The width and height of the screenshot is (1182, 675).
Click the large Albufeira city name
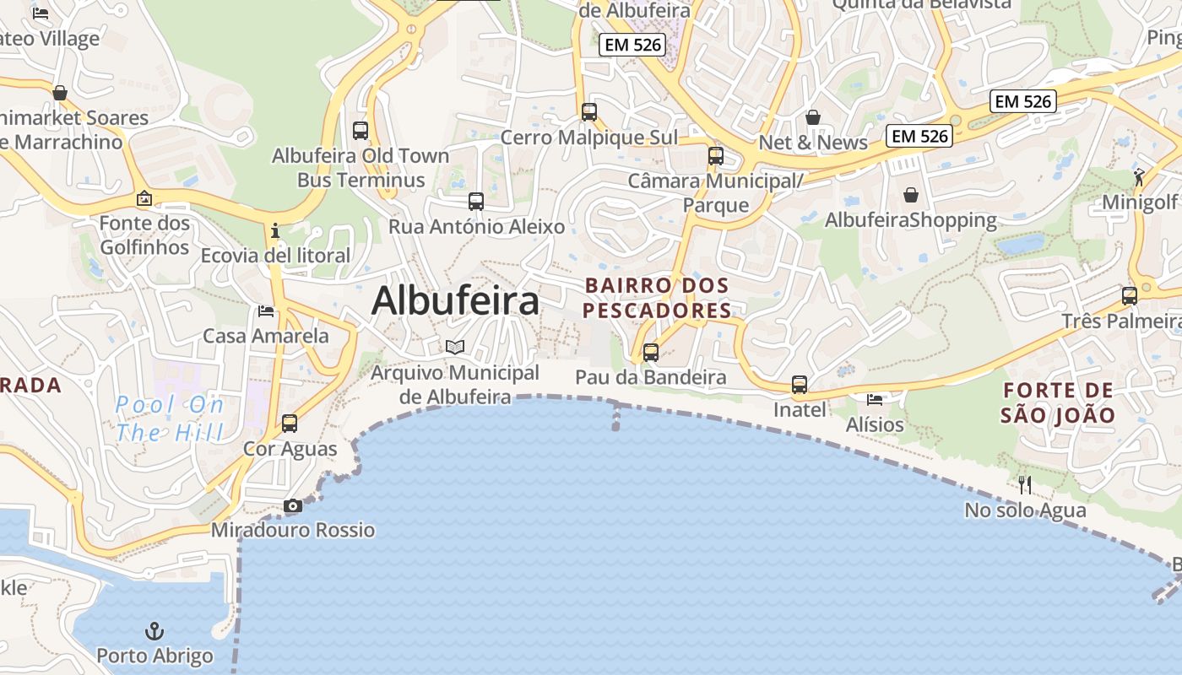coord(455,300)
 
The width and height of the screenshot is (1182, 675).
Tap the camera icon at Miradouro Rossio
coord(293,506)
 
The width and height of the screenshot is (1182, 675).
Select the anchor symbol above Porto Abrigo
coord(155,631)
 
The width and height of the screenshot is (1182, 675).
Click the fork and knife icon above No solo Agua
coord(1025,484)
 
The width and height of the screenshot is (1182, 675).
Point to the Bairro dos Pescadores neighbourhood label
coord(657,298)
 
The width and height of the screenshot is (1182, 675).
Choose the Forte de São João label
coord(1058,402)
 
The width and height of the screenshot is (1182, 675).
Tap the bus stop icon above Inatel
coord(800,386)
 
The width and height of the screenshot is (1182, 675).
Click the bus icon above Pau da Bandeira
coord(651,353)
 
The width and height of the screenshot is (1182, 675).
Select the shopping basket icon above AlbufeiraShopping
coord(911,196)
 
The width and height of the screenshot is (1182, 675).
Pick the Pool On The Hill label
coord(170,419)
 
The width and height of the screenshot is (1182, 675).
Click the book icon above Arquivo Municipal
coord(455,347)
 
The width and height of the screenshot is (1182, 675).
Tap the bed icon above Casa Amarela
coord(266,311)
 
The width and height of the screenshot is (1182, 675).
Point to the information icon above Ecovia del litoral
coord(274,230)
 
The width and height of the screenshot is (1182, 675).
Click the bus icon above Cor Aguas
coord(290,424)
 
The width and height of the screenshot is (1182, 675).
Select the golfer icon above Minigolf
coord(1140,177)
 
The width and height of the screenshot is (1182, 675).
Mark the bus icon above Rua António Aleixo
coord(476,202)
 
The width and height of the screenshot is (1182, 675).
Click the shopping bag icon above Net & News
coord(813,117)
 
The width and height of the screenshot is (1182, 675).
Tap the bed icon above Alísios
coord(875,399)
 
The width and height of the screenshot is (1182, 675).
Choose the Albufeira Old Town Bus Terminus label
coord(361,168)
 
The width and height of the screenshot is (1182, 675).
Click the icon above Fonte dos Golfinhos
coord(144,199)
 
